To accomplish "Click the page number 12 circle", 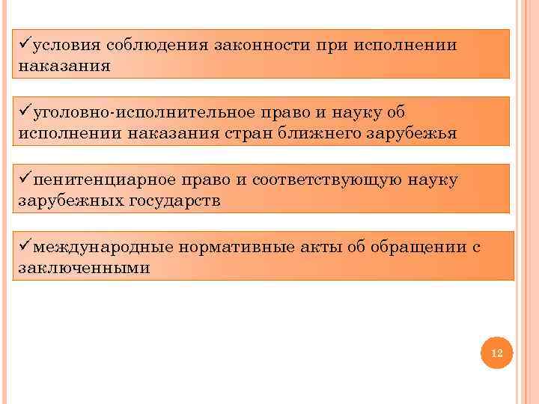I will [496, 353].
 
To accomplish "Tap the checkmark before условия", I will [25, 43].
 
